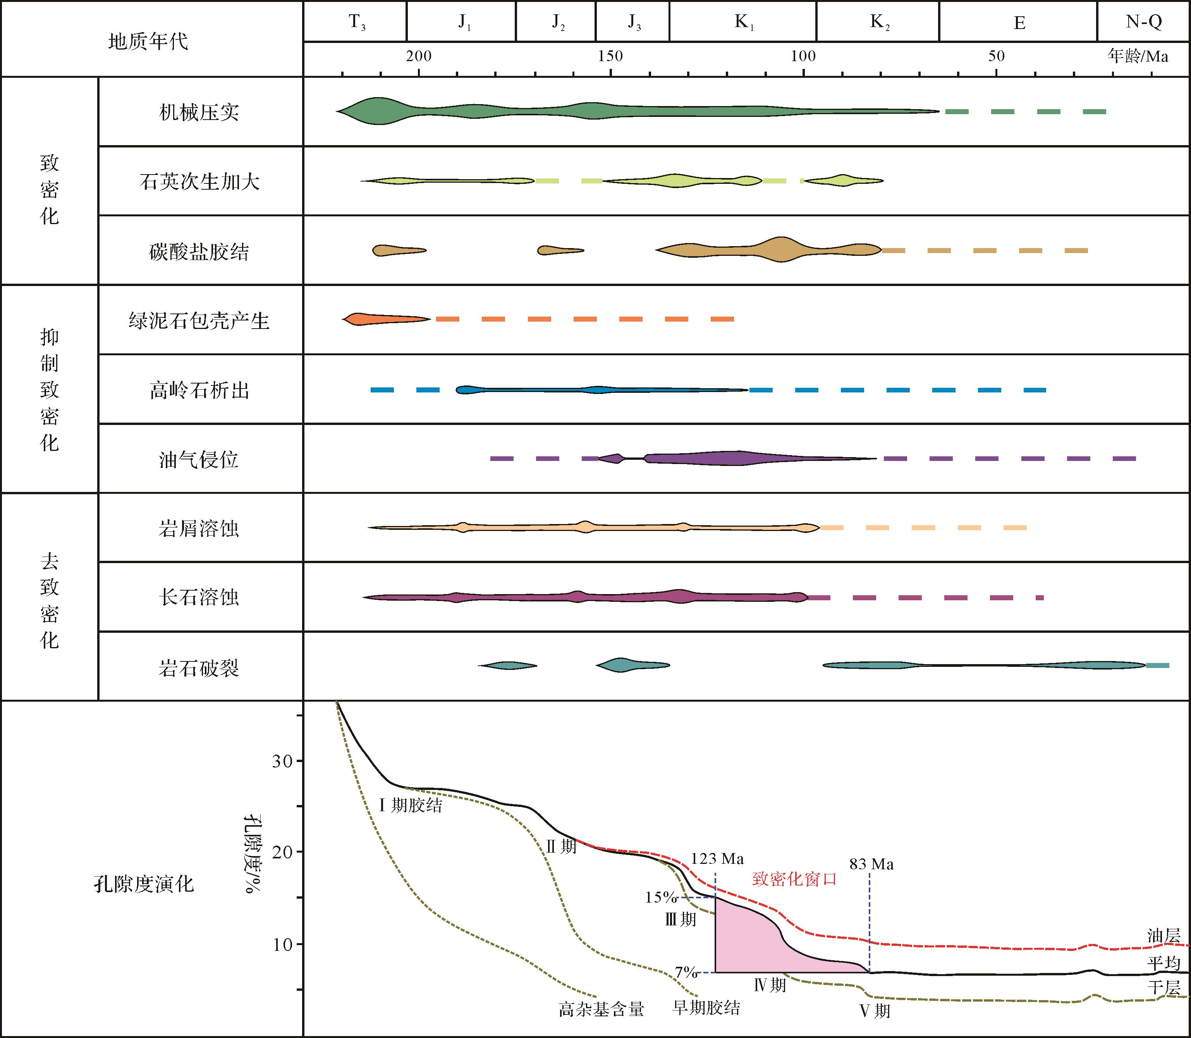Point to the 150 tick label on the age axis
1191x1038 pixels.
pos(610,56)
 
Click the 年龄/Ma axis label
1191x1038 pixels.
pos(1138,56)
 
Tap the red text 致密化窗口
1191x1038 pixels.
pos(794,879)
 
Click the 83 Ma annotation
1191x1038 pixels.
pos(871,864)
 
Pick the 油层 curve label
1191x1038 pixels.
pos(1163,935)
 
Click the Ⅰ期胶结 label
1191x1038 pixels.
pos(410,805)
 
